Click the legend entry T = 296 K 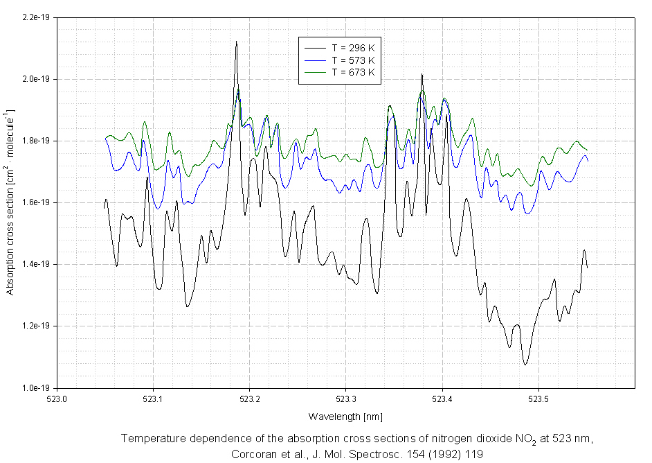[x=353, y=48]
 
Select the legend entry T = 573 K [x=353, y=60]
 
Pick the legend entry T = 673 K [x=353, y=71]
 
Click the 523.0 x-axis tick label [x=57, y=399]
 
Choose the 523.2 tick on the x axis [x=249, y=399]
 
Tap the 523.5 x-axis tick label [x=538, y=399]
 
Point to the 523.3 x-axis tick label [x=345, y=399]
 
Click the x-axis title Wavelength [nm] [x=345, y=417]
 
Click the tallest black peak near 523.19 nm [x=236, y=42]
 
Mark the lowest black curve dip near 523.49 [x=525, y=364]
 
